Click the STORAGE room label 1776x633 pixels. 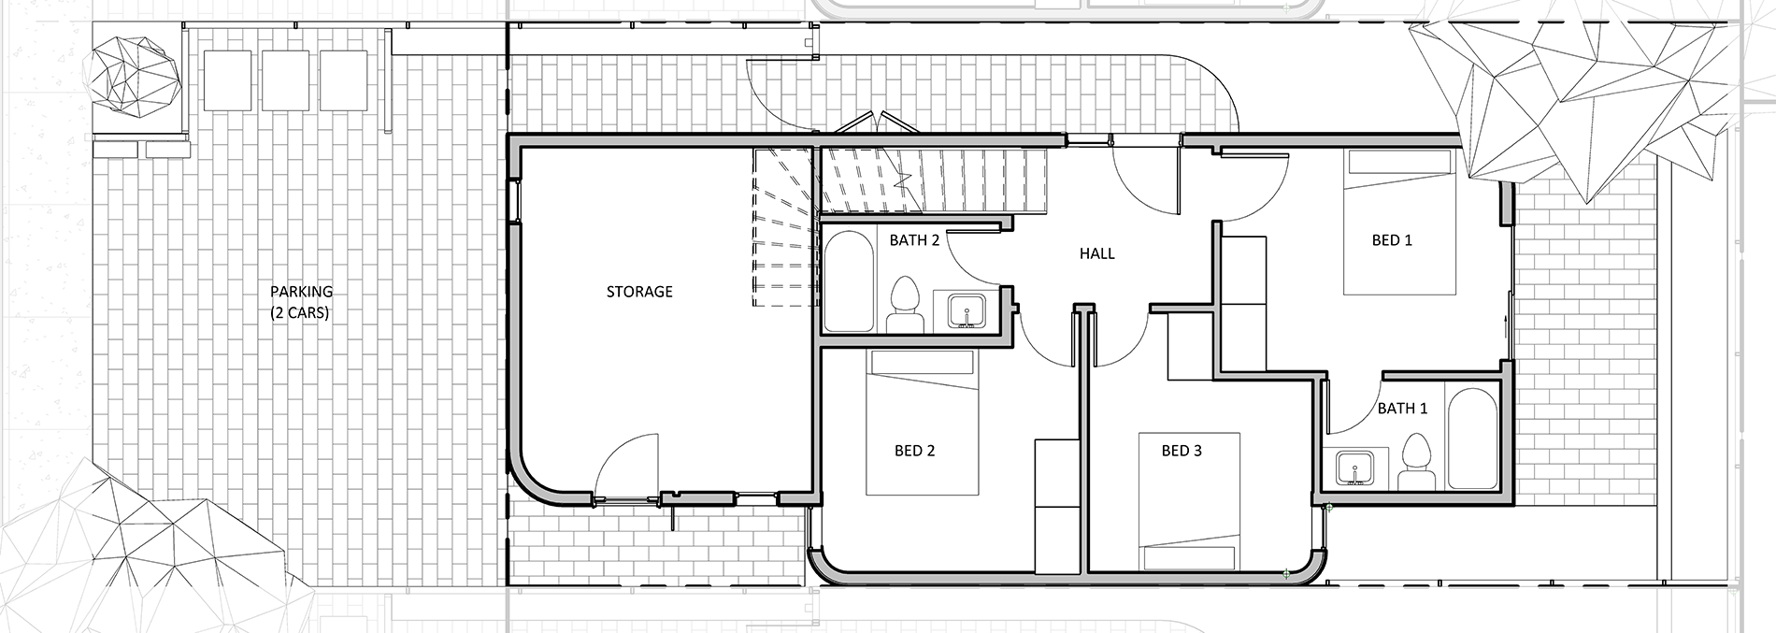[639, 292]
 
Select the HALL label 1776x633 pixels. [1096, 253]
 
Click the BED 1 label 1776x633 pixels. [1391, 240]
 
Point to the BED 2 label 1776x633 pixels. [914, 451]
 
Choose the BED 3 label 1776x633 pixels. [1182, 451]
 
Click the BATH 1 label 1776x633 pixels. [1402, 409]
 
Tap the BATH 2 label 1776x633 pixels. [913, 240]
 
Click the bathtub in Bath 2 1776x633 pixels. [849, 281]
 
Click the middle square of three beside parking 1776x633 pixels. [285, 79]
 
